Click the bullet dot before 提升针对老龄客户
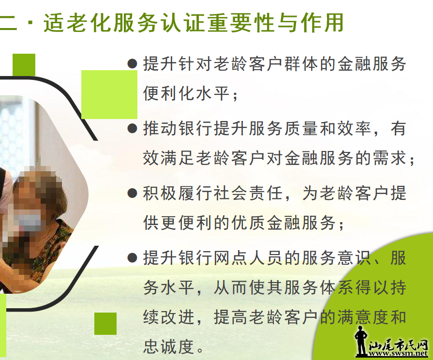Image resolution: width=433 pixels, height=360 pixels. [132, 64]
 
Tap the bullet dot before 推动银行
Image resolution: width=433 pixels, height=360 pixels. [132, 129]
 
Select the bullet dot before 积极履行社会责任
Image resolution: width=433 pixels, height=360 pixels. [132, 193]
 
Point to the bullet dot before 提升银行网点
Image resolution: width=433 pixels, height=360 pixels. [132, 258]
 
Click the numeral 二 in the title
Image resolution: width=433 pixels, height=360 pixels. [8, 23]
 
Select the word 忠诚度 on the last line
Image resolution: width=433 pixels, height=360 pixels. [168, 347]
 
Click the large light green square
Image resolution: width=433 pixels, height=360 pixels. [109, 94]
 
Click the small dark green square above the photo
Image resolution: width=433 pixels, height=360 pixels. [24, 65]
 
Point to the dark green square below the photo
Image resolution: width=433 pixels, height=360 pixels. [105, 324]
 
